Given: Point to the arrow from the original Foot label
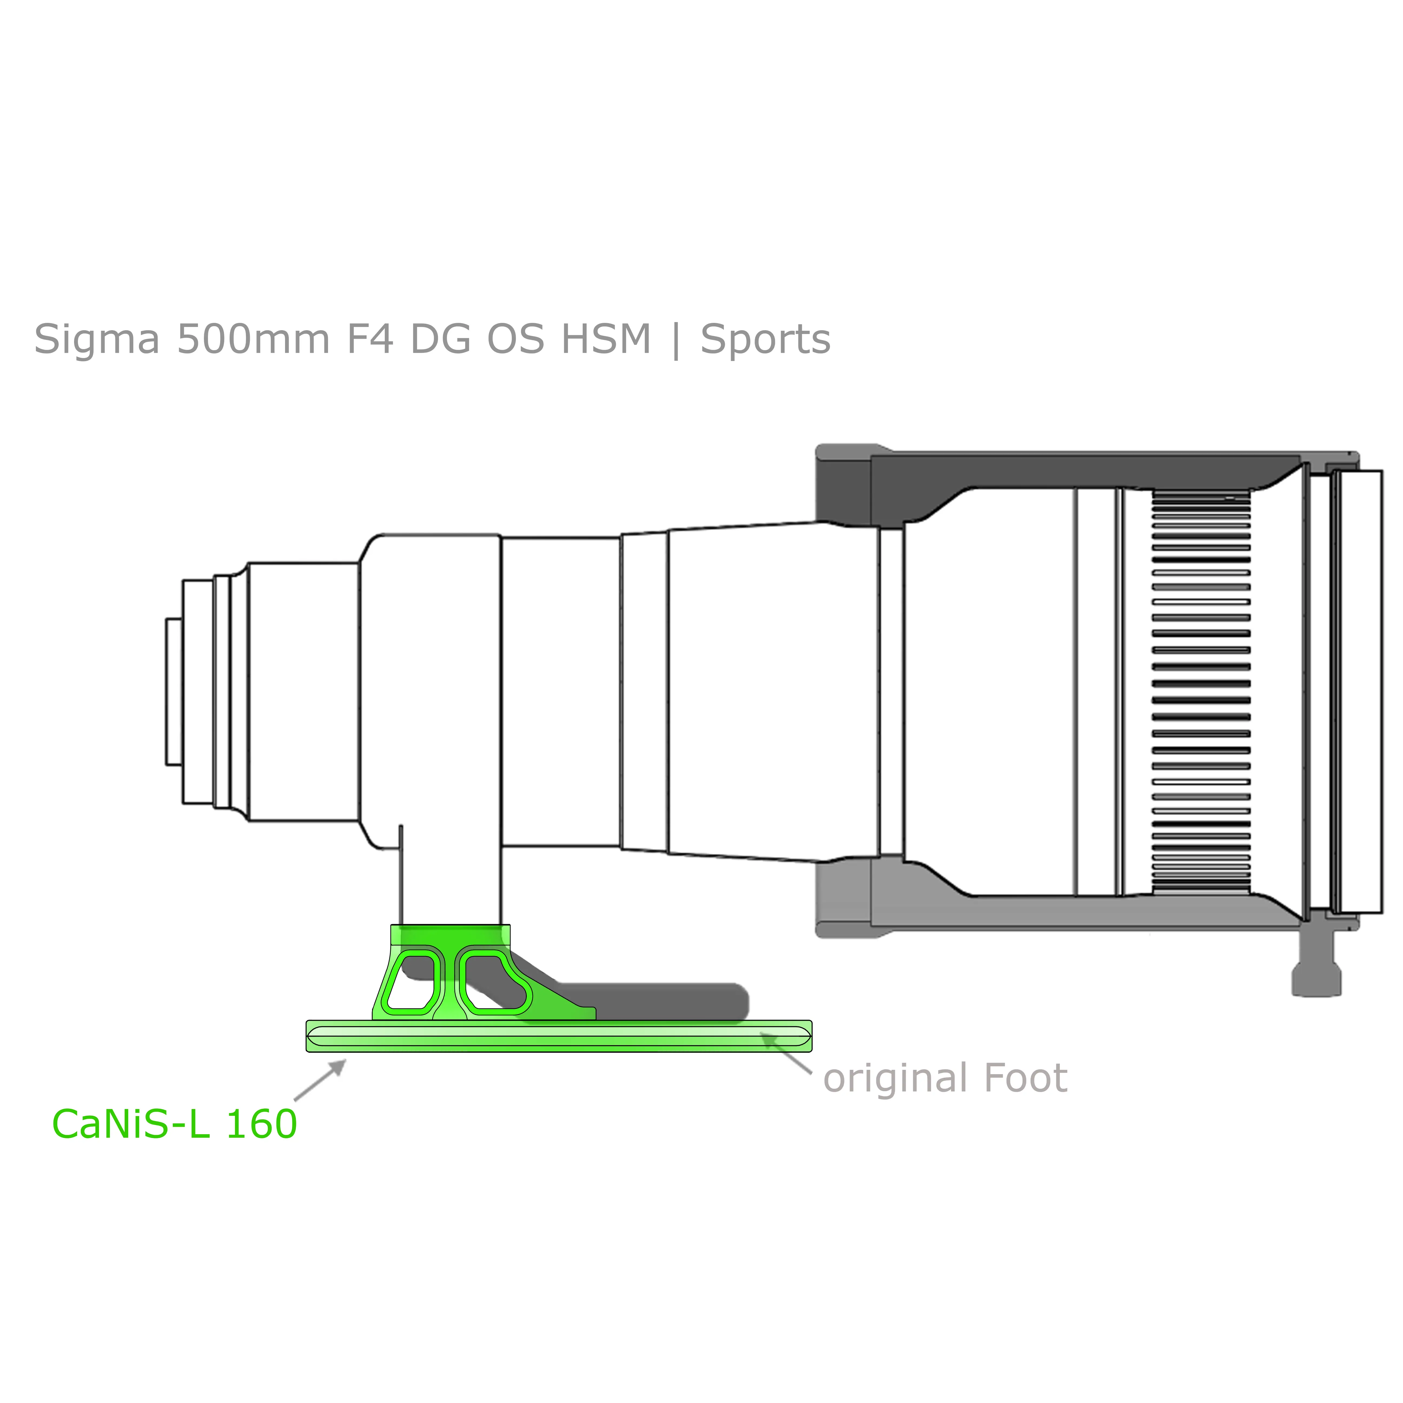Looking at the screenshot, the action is (786, 1052).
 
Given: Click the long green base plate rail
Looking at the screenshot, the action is (559, 1035).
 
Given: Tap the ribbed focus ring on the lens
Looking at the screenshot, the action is (1201, 692).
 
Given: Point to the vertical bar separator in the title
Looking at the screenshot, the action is (676, 340).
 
